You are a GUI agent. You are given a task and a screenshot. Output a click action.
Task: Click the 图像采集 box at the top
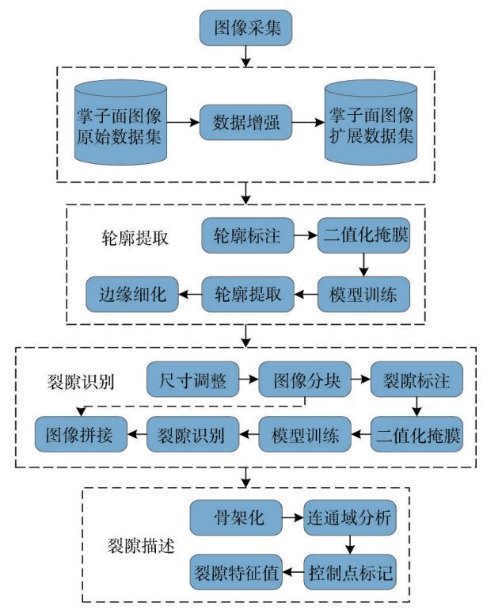(x=245, y=28)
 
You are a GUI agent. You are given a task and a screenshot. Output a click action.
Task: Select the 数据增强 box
(x=245, y=122)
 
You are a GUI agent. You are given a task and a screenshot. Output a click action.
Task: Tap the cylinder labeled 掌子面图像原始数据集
(x=121, y=122)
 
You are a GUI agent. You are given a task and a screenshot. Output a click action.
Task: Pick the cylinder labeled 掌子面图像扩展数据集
(x=371, y=122)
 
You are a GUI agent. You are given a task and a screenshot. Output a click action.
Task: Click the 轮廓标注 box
(x=248, y=235)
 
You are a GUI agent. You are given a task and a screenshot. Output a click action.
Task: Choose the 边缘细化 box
(x=132, y=294)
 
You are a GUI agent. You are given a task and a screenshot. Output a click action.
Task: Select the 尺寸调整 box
(x=192, y=379)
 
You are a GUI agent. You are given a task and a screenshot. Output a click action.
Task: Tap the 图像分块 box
(x=305, y=379)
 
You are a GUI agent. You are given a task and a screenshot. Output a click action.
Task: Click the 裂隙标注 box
(x=417, y=379)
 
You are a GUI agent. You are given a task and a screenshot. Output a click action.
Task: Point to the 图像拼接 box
(x=81, y=434)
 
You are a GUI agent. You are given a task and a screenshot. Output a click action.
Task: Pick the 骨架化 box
(x=236, y=517)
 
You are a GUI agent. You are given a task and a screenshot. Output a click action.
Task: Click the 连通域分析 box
(x=350, y=517)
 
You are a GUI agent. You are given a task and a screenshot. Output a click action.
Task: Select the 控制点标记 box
(x=350, y=572)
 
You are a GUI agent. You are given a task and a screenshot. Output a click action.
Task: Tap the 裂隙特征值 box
(x=236, y=572)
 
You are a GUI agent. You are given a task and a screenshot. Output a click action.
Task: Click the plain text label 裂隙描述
(x=141, y=546)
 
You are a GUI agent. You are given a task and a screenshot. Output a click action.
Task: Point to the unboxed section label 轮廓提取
(x=135, y=238)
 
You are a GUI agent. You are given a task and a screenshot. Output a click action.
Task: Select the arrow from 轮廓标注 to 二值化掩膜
(x=306, y=235)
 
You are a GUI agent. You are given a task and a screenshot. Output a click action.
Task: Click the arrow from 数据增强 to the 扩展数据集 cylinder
(x=309, y=122)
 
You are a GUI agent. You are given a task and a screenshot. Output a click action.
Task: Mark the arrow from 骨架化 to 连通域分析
(x=293, y=517)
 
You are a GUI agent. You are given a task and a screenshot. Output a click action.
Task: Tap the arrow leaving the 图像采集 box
(x=245, y=56)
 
